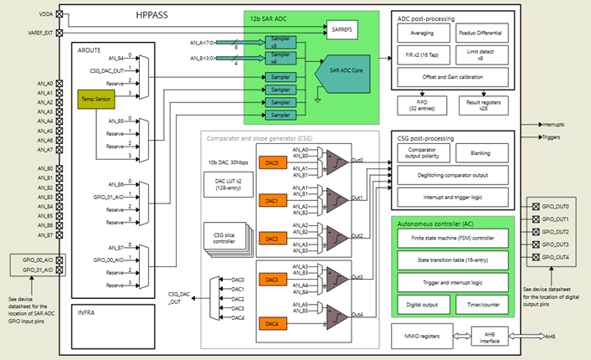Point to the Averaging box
[422, 34]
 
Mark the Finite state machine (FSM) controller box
[451, 239]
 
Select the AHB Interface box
[491, 336]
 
